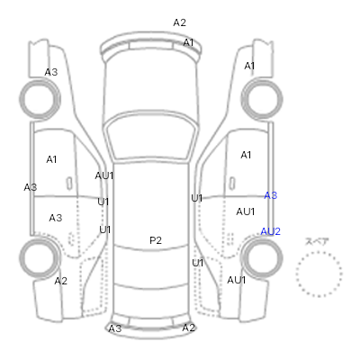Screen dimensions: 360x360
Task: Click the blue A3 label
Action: pos(270,195)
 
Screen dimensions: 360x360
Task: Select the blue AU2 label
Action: pos(270,231)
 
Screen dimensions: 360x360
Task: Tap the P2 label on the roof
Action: pos(156,240)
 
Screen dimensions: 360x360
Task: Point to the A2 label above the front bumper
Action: pos(179,22)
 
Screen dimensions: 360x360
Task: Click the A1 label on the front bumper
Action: pos(188,42)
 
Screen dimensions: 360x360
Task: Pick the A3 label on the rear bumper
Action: pos(115,328)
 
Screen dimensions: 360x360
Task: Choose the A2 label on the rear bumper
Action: pos(189,328)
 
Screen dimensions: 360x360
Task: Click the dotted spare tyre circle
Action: pos(319,253)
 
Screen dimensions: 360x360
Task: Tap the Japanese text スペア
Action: pos(317,241)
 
